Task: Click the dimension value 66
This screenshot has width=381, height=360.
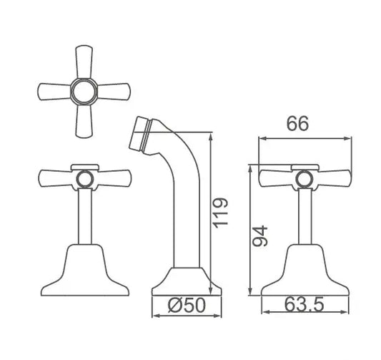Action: coord(298,124)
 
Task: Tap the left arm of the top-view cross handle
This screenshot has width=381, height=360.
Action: coord(51,91)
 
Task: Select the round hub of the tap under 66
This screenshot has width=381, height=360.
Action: coord(304,178)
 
